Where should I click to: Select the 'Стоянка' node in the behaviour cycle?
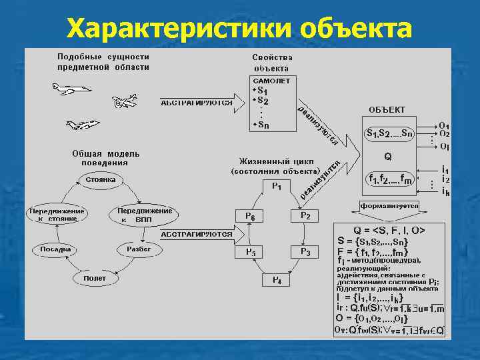click(101, 179)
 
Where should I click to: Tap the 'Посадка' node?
click(55, 249)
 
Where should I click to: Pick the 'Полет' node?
click(95, 277)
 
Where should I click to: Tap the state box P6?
click(250, 216)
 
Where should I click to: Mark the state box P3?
click(305, 251)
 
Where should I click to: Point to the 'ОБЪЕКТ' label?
click(387, 109)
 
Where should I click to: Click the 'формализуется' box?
click(389, 206)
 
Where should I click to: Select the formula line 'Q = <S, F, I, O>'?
click(390, 230)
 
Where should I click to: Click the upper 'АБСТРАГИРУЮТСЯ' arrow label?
click(197, 103)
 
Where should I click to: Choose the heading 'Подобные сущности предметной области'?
click(103, 62)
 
